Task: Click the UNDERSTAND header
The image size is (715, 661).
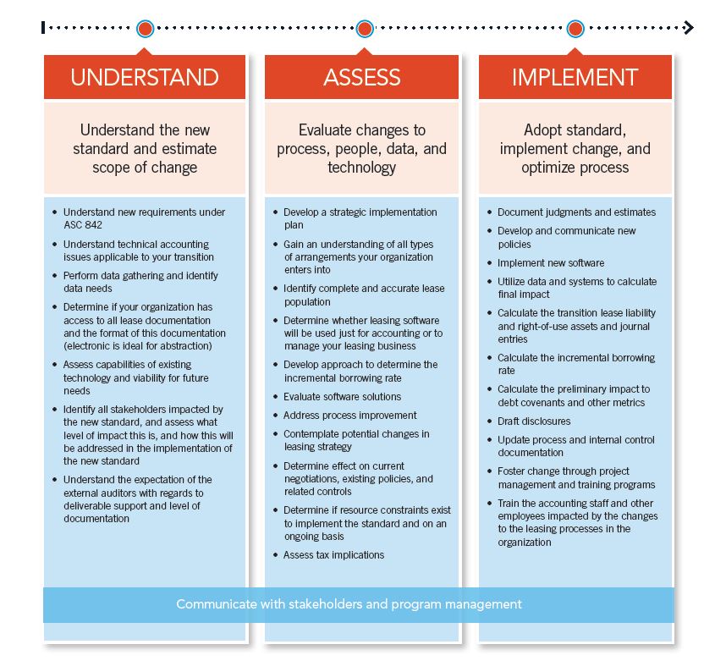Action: [x=145, y=78]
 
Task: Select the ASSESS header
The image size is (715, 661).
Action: [x=361, y=78]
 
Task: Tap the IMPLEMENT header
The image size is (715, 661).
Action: [x=575, y=78]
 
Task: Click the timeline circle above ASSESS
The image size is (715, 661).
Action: [x=365, y=29]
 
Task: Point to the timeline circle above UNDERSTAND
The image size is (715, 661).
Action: [x=146, y=29]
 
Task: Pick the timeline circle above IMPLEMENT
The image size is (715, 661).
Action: [x=575, y=29]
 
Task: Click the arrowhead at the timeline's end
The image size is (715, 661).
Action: [x=689, y=29]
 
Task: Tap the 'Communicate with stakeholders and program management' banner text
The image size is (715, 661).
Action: [x=349, y=604]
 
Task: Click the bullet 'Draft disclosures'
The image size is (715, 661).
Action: [x=534, y=421]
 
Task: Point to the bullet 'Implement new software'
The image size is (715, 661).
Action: [x=551, y=263]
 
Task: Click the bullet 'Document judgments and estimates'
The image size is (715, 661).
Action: [x=576, y=212]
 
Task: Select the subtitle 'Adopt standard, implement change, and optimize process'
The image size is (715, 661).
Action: [x=575, y=149]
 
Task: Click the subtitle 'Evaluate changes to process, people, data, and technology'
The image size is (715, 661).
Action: [x=361, y=149]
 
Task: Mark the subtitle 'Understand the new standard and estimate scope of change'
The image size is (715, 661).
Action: [x=145, y=149]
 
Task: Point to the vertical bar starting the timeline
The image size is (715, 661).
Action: [x=43, y=29]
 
